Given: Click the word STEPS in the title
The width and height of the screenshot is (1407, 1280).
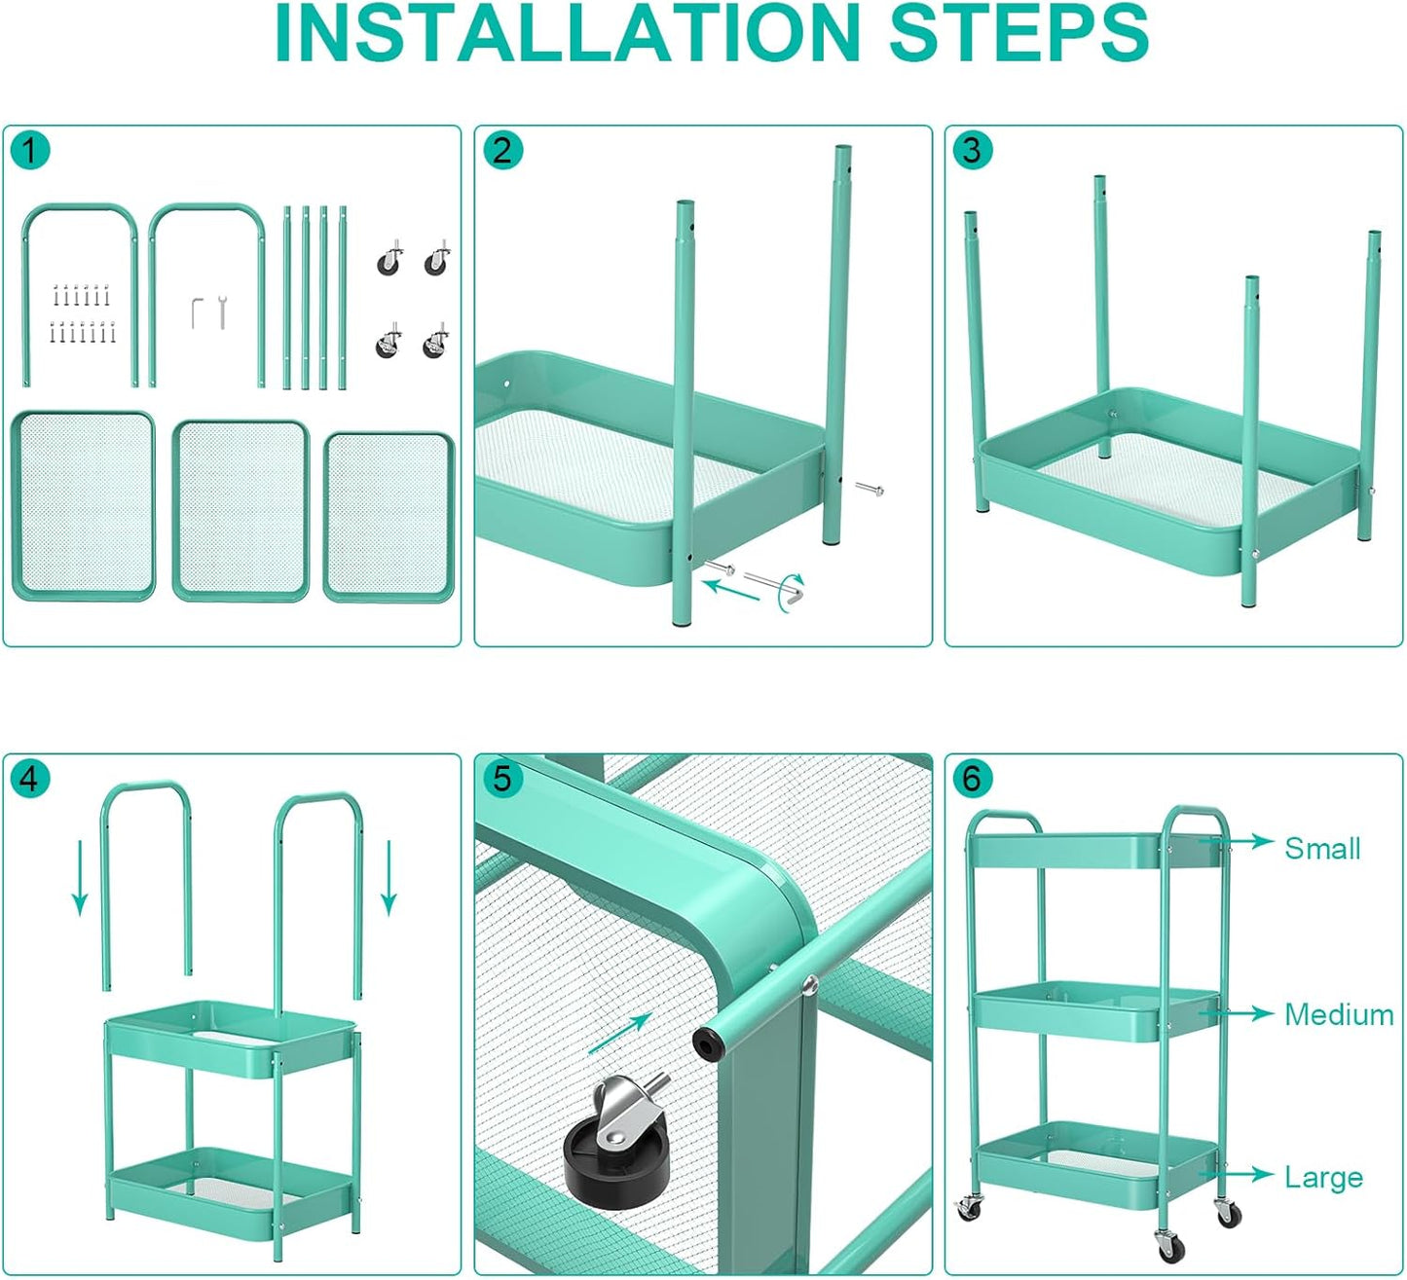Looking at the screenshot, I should click(x=1018, y=33).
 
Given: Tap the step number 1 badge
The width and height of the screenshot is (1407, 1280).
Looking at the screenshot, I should click(x=30, y=151).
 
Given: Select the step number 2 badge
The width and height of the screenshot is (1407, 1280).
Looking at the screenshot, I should click(x=502, y=151).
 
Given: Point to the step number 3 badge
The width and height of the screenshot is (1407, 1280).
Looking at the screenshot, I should click(x=972, y=151).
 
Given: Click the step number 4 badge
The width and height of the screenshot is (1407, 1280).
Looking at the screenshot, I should click(x=30, y=779).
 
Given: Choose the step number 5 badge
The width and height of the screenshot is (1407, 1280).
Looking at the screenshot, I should click(x=502, y=779).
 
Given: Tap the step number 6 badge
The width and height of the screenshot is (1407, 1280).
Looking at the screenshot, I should click(x=972, y=779).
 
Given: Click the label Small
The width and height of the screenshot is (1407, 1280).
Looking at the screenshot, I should click(x=1321, y=848).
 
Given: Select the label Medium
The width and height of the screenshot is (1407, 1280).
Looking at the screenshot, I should click(x=1339, y=1014).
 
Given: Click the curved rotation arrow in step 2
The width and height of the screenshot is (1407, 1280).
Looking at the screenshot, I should click(x=787, y=599).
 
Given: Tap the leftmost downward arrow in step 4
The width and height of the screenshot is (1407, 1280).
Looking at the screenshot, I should click(x=80, y=878).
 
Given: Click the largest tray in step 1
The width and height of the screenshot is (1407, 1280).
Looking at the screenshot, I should click(x=84, y=505).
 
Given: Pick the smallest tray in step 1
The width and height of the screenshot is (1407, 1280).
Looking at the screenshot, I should click(x=389, y=517).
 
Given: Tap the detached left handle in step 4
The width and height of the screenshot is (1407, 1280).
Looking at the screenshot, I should click(x=147, y=876).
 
